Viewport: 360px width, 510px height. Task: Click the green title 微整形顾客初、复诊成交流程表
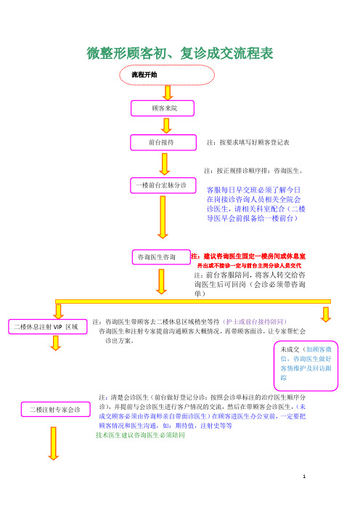coord(180,53)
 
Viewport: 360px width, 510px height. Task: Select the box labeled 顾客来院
coord(163,108)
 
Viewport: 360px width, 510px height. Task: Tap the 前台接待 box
coord(163,142)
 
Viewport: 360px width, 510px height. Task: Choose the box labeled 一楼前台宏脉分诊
coord(163,185)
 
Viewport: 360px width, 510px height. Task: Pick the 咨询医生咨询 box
coord(161,257)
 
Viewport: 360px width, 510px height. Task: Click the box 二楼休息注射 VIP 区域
coord(48,327)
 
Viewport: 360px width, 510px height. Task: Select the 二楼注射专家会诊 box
coord(56,410)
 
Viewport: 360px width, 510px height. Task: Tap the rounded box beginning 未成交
coord(306,366)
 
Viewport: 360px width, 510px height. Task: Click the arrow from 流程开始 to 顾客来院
coord(168,93)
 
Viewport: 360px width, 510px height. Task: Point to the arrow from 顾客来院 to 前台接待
coord(166,126)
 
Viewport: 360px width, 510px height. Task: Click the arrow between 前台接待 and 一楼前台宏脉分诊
coord(165,164)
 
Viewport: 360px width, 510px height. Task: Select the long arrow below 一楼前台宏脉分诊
coord(163,217)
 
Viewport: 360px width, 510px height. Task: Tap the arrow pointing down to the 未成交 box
coord(326,315)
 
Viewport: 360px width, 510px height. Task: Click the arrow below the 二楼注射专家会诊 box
coord(54,444)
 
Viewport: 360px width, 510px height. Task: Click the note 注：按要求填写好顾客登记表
coord(248,142)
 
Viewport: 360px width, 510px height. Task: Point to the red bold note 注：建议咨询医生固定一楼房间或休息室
coord(248,256)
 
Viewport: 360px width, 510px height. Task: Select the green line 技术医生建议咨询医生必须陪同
coord(140,435)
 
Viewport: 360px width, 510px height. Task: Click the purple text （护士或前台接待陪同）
coord(255,322)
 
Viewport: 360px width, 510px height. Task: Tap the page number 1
coord(304,477)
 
